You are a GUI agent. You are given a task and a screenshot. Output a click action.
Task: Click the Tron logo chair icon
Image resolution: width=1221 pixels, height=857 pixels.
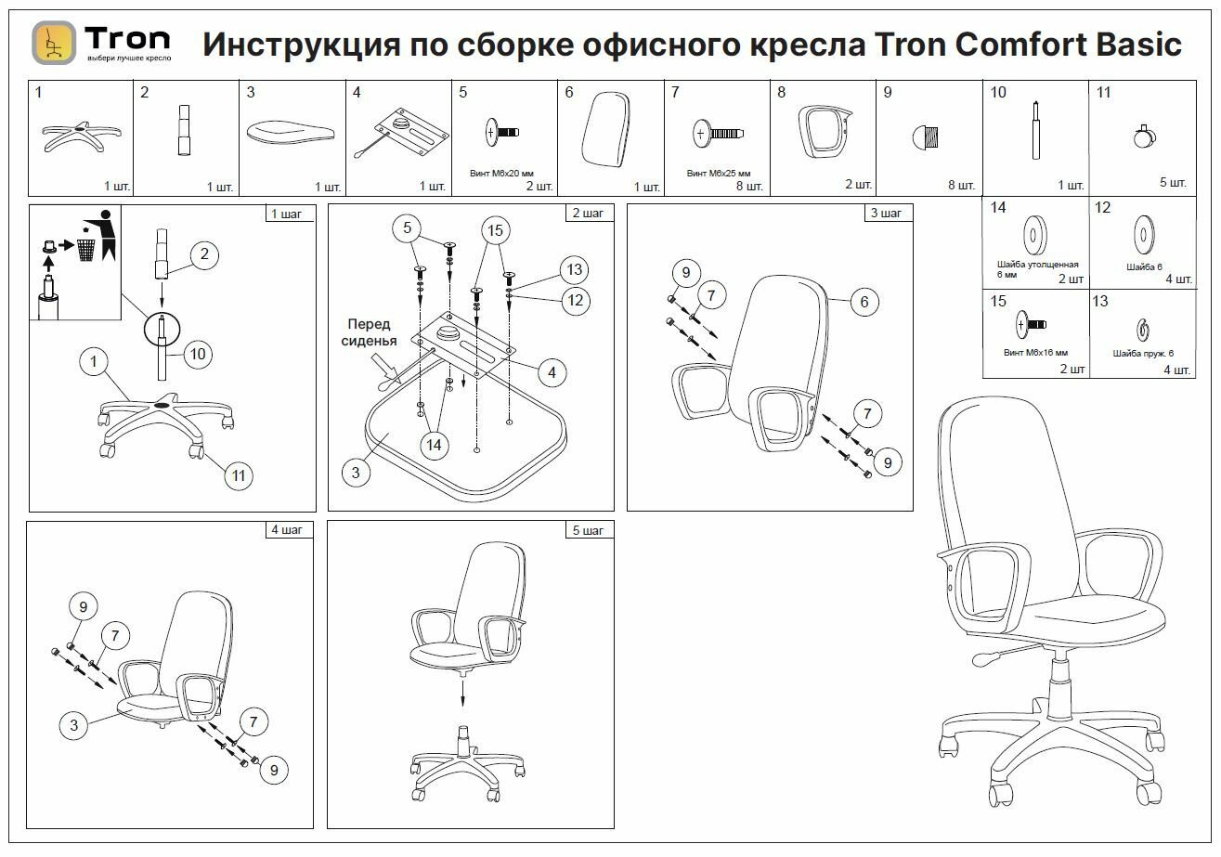pyautogui.click(x=54, y=43)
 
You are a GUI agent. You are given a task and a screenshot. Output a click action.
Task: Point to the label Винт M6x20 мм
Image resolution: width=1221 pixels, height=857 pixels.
pyautogui.click(x=502, y=174)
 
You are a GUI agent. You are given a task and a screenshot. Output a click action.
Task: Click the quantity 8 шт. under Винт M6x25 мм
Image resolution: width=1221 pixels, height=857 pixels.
pyautogui.click(x=747, y=187)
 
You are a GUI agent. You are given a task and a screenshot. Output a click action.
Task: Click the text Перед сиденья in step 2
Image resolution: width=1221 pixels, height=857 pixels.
pyautogui.click(x=371, y=332)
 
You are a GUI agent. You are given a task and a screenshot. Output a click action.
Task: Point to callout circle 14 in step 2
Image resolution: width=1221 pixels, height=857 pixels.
pyautogui.click(x=434, y=445)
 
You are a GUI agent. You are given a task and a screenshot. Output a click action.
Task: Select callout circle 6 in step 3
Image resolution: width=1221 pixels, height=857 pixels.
pyautogui.click(x=864, y=301)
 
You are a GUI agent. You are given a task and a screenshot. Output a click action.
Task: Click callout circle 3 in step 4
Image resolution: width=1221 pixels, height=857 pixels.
pyautogui.click(x=74, y=725)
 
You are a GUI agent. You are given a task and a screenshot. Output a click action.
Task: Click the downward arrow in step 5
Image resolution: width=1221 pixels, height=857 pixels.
pyautogui.click(x=462, y=692)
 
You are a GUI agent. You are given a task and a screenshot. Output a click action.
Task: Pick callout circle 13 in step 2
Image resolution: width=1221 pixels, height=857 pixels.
pyautogui.click(x=575, y=270)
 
